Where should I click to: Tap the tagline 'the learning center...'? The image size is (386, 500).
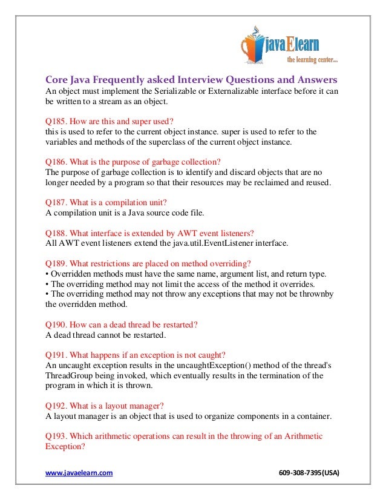pos(312,60)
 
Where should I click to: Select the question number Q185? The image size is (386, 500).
pos(56,120)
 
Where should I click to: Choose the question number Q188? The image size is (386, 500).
pos(56,232)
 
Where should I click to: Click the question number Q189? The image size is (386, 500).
pos(56,263)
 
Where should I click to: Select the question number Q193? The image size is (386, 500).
pos(56,436)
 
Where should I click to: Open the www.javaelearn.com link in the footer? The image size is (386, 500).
pos(79,472)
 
